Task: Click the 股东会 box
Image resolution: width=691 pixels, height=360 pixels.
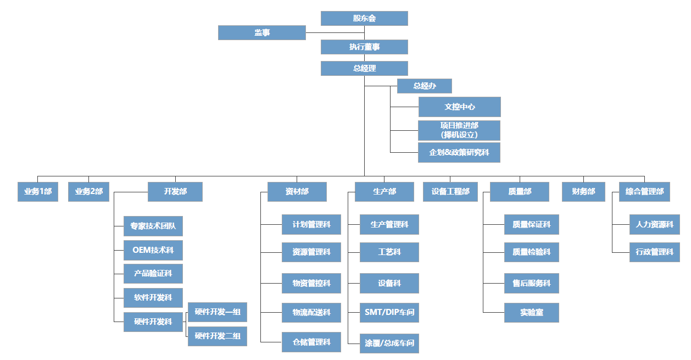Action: point(364,18)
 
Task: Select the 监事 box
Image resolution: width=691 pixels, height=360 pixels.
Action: point(261,32)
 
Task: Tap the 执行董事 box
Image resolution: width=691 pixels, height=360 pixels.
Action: point(364,47)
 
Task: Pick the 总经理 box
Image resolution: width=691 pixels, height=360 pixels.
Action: point(364,68)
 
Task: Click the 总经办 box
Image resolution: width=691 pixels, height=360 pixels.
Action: point(424,86)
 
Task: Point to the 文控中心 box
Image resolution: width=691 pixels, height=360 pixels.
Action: point(459,107)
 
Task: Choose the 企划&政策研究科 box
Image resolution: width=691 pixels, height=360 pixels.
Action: point(459,152)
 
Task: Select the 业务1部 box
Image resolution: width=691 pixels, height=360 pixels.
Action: point(38,192)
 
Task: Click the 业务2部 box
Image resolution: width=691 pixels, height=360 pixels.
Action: point(89,192)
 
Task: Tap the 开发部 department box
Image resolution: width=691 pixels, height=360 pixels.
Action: point(175,192)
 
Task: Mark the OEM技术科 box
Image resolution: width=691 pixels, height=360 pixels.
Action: point(153,250)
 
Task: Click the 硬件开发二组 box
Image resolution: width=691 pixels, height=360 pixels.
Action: point(218,336)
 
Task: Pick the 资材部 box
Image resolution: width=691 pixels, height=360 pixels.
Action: point(297,192)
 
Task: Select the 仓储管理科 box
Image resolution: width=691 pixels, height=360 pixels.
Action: point(311,342)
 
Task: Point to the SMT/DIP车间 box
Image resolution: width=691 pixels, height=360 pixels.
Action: point(389,312)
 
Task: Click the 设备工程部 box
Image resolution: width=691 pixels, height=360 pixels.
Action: point(450,192)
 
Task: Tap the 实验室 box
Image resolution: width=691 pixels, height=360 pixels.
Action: point(532,312)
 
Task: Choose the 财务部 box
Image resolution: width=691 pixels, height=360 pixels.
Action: point(583,192)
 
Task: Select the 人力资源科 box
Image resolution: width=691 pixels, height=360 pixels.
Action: point(654,224)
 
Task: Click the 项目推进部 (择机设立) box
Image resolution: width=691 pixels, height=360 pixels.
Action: point(459,130)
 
